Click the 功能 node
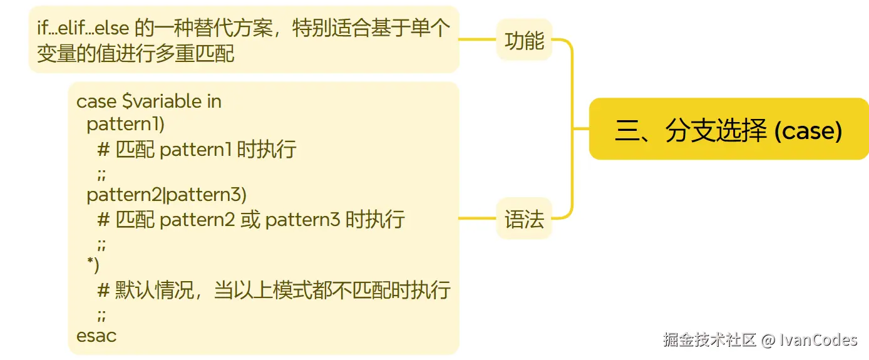tap(524, 41)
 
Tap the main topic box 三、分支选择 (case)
tap(729, 130)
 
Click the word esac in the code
tap(96, 336)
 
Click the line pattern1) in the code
tap(125, 125)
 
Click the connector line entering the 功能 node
tap(477, 39)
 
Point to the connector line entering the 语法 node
tap(477, 219)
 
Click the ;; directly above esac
tap(101, 314)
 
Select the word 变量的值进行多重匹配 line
tap(135, 54)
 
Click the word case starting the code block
tap(96, 101)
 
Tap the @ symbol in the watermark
tap(768, 340)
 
